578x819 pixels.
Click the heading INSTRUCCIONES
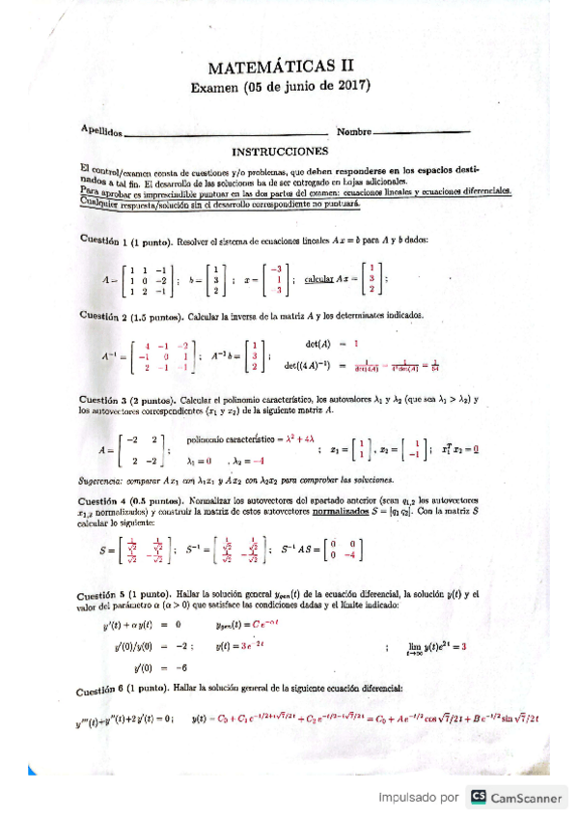pos(280,152)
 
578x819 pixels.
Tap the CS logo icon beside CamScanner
pos(478,797)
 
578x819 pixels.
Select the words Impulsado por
pos(418,797)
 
